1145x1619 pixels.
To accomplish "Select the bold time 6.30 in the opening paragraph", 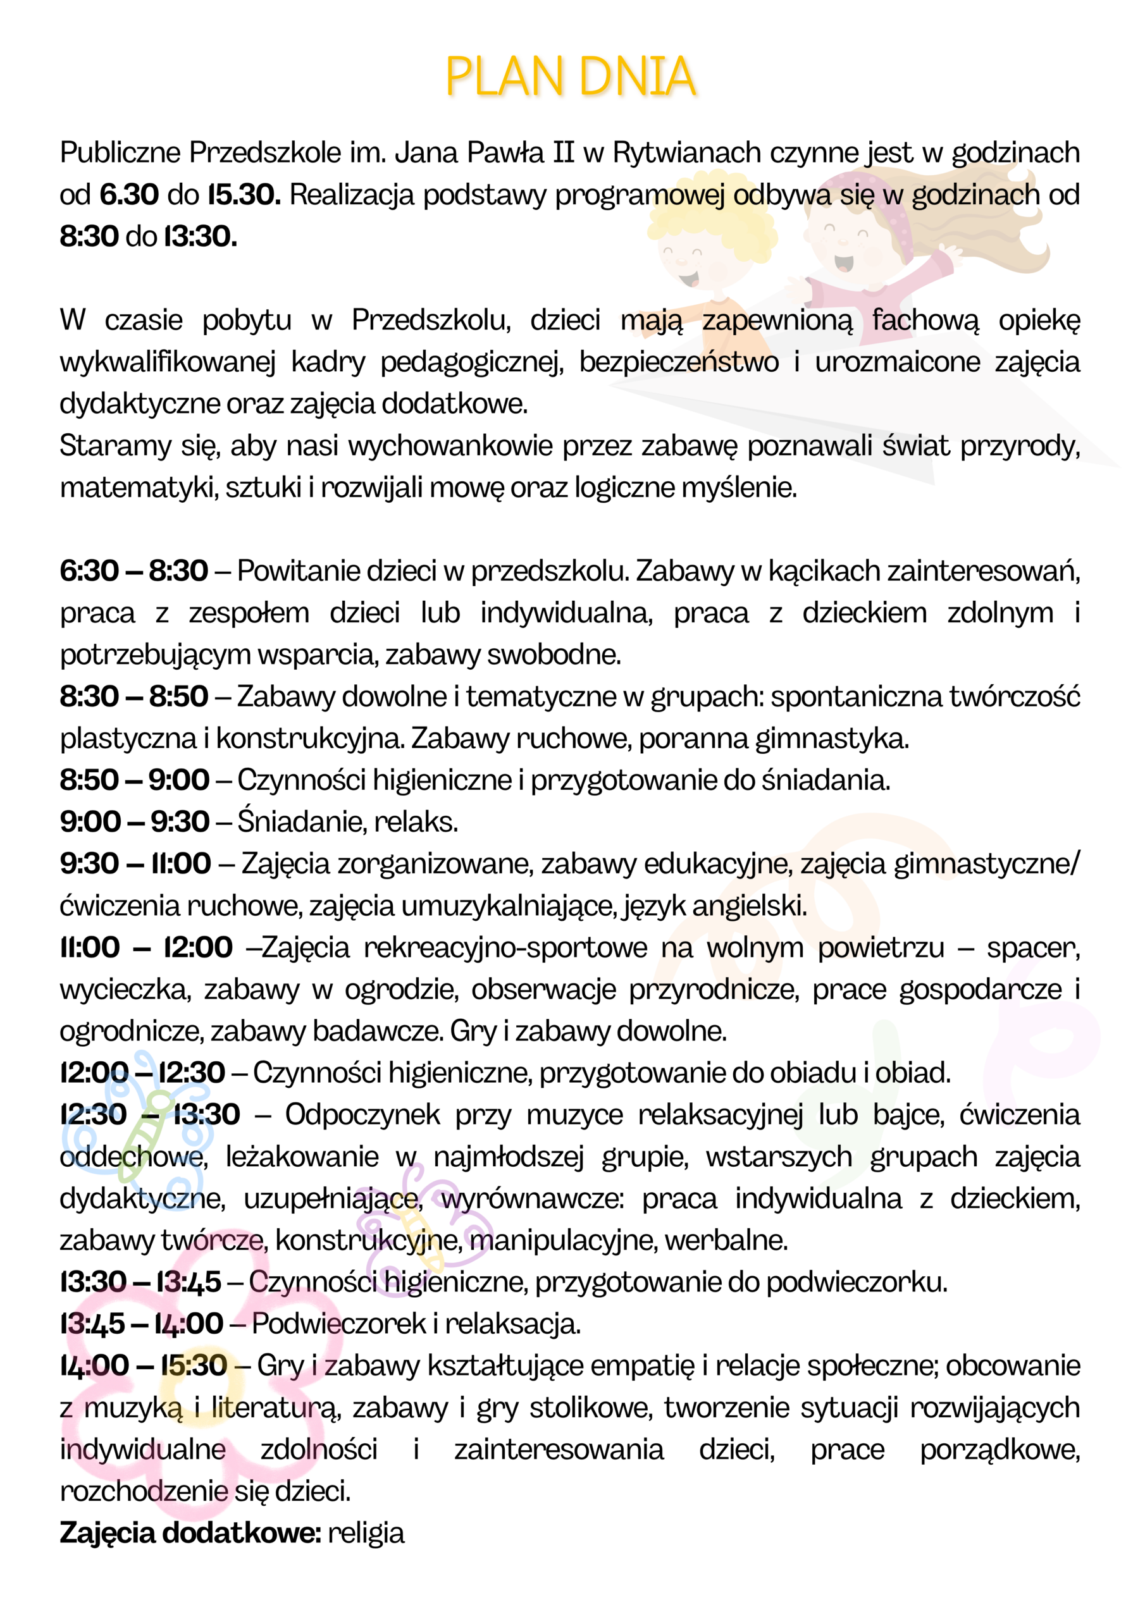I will click(x=129, y=195).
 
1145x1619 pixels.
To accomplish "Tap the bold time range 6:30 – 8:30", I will click(x=134, y=571).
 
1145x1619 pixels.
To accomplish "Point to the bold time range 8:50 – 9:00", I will click(x=135, y=780).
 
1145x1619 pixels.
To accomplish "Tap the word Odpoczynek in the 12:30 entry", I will click(x=362, y=1116).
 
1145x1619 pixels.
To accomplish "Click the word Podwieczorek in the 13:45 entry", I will click(x=338, y=1324).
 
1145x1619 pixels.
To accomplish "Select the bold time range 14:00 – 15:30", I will click(x=143, y=1366).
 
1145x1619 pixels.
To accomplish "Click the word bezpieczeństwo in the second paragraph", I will click(x=679, y=362).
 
